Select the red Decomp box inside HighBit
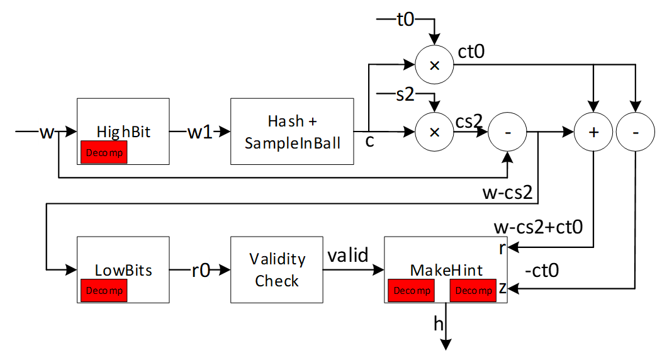(104, 152)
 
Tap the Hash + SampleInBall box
(292, 132)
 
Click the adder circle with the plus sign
(592, 132)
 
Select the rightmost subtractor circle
(635, 132)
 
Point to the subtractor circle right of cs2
(507, 132)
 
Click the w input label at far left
(47, 132)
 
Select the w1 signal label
(200, 132)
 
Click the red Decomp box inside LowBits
(104, 291)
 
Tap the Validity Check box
(277, 269)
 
